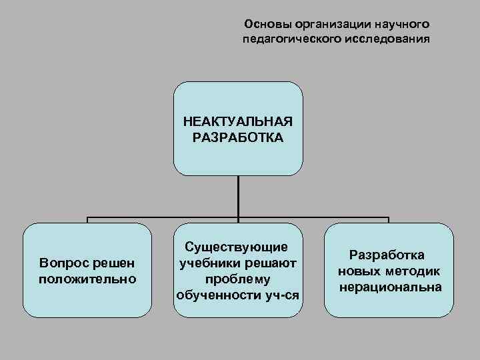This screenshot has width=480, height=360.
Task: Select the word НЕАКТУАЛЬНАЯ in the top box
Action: tap(238, 123)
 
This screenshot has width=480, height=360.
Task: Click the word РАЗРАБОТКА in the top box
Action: tap(238, 139)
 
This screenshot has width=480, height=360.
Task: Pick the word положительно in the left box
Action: tap(87, 278)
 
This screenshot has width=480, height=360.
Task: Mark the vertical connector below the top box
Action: tap(238, 197)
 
